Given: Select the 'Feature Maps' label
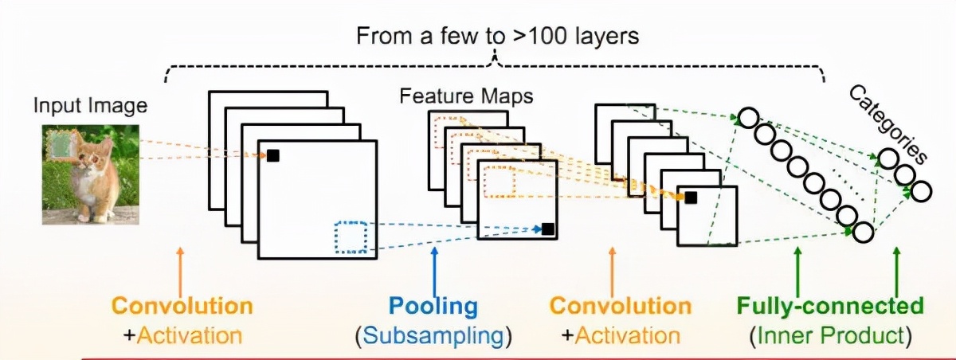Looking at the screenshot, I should (466, 97).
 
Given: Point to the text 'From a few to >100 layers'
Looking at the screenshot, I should (497, 36).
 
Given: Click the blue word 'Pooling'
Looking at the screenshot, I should (433, 306).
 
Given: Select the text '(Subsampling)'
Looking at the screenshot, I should (433, 335).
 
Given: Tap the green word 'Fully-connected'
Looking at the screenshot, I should (829, 306).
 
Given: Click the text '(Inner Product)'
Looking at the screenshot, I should (829, 335).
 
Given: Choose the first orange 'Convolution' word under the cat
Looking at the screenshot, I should (182, 306).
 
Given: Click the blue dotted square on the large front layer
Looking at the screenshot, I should (351, 238).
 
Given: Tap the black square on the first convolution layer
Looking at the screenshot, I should (272, 156).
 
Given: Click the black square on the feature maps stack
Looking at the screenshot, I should (547, 229).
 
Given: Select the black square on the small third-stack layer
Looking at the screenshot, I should (691, 198).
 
